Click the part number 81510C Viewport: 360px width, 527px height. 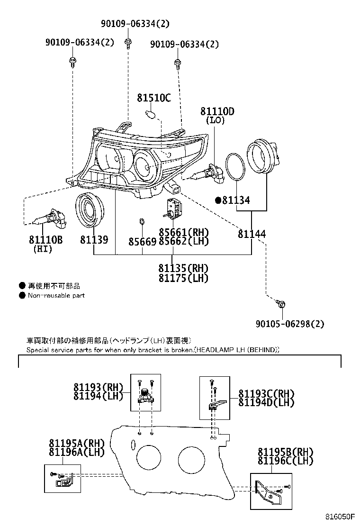153,98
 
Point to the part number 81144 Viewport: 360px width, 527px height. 252,234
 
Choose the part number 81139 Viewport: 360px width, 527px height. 94,240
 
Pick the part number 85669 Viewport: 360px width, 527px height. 142,242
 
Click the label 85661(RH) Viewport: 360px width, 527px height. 183,232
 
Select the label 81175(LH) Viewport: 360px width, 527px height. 183,278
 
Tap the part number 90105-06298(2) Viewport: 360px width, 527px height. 290,324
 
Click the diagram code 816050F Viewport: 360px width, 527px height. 340,516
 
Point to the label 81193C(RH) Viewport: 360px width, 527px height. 266,393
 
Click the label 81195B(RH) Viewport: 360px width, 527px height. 286,452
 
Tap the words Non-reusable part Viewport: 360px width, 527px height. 56,296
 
